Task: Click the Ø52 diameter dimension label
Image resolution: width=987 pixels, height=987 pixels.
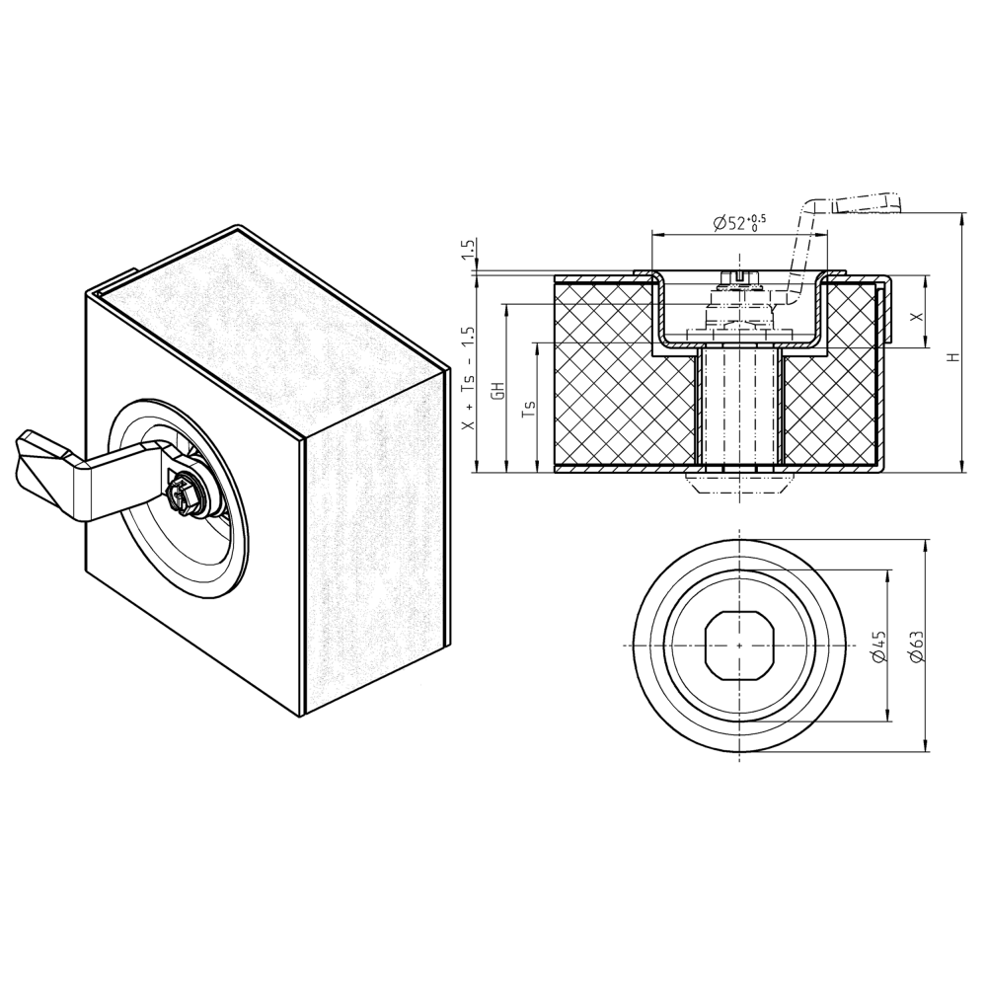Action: (x=738, y=223)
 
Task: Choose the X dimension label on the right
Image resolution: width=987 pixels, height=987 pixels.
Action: (x=917, y=316)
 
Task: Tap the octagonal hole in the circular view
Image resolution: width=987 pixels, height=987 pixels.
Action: (x=739, y=645)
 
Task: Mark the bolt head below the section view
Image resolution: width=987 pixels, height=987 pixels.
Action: (x=739, y=482)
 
